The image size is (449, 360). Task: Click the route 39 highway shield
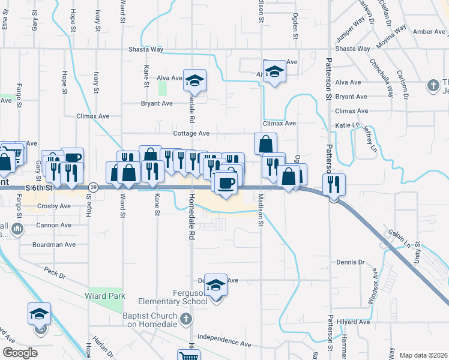[x=93, y=188]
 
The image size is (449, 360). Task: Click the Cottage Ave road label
[x=191, y=133]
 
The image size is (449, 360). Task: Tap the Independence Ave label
[x=224, y=341]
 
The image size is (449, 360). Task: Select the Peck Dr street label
[x=55, y=273]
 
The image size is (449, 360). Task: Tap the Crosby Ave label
[x=56, y=206]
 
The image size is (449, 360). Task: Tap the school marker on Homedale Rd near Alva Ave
[x=194, y=80]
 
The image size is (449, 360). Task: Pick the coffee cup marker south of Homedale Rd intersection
[x=225, y=182]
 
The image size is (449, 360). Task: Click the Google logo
[x=20, y=353]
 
